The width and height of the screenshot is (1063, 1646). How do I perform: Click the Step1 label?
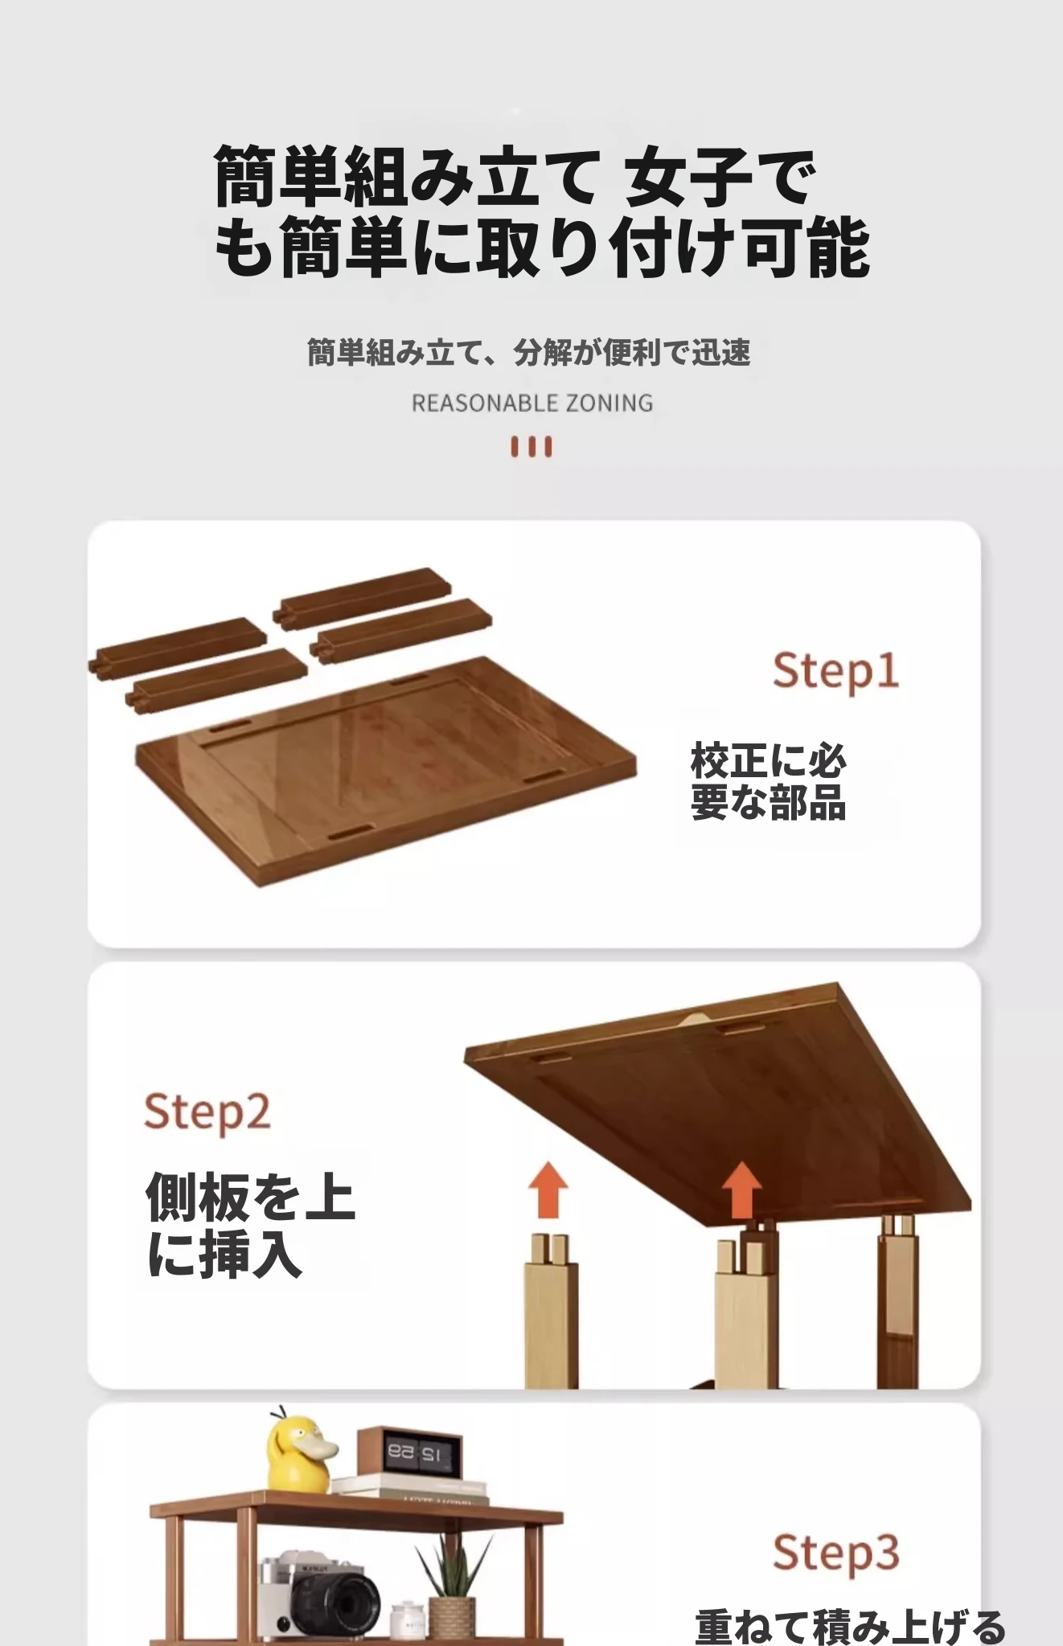click(835, 671)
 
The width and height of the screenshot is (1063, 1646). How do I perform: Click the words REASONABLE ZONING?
click(532, 403)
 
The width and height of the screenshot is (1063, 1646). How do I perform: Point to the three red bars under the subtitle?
click(531, 447)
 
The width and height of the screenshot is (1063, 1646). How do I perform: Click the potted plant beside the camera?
click(453, 1587)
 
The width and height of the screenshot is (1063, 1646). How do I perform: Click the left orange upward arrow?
click(548, 1189)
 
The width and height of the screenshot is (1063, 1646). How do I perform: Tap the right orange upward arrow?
click(741, 1191)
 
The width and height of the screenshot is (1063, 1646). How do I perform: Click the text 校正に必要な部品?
click(769, 781)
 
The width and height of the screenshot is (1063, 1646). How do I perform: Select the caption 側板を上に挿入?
click(250, 1225)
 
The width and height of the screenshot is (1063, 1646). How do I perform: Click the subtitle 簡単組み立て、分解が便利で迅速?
click(529, 352)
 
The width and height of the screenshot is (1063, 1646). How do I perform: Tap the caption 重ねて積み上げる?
click(851, 1626)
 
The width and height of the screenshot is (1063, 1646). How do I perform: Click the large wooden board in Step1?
click(386, 768)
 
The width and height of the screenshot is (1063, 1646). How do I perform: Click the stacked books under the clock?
click(410, 1488)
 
